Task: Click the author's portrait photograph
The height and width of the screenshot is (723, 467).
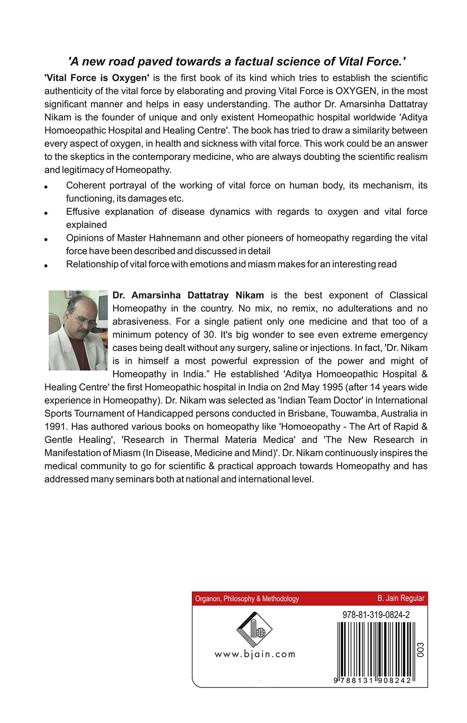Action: click(x=78, y=330)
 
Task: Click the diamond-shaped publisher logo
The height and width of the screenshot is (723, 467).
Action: click(x=254, y=629)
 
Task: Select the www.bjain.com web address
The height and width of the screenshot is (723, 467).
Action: click(x=254, y=654)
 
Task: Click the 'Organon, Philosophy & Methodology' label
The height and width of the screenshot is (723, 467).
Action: click(x=247, y=599)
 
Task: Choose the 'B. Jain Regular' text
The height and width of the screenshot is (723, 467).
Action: click(x=400, y=598)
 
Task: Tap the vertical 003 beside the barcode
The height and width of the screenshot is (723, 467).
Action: click(x=421, y=650)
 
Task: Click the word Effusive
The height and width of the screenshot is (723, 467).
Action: click(x=83, y=212)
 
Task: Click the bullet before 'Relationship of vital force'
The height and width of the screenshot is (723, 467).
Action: click(x=46, y=266)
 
